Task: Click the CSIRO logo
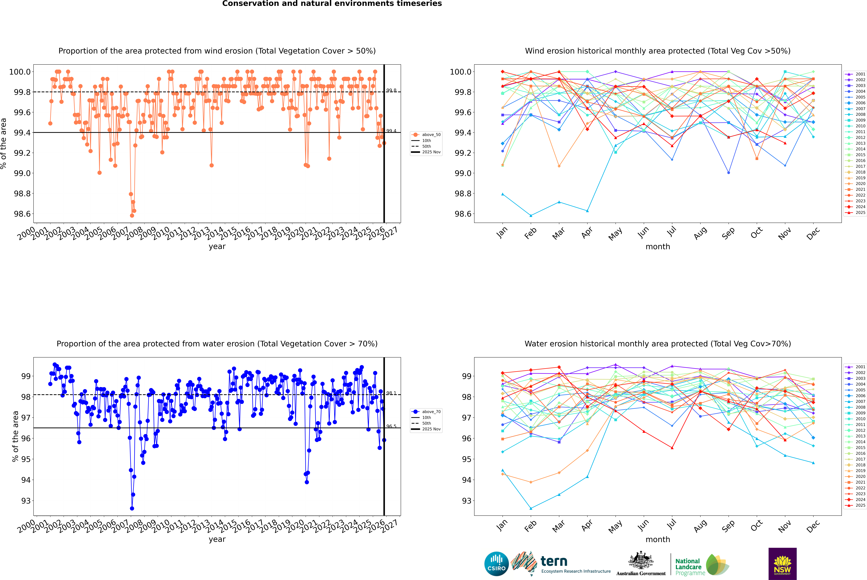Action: pyautogui.click(x=496, y=564)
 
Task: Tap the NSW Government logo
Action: pyautogui.click(x=782, y=564)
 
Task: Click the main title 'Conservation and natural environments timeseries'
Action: pyautogui.click(x=332, y=4)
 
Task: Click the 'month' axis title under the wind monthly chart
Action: pyautogui.click(x=657, y=247)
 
